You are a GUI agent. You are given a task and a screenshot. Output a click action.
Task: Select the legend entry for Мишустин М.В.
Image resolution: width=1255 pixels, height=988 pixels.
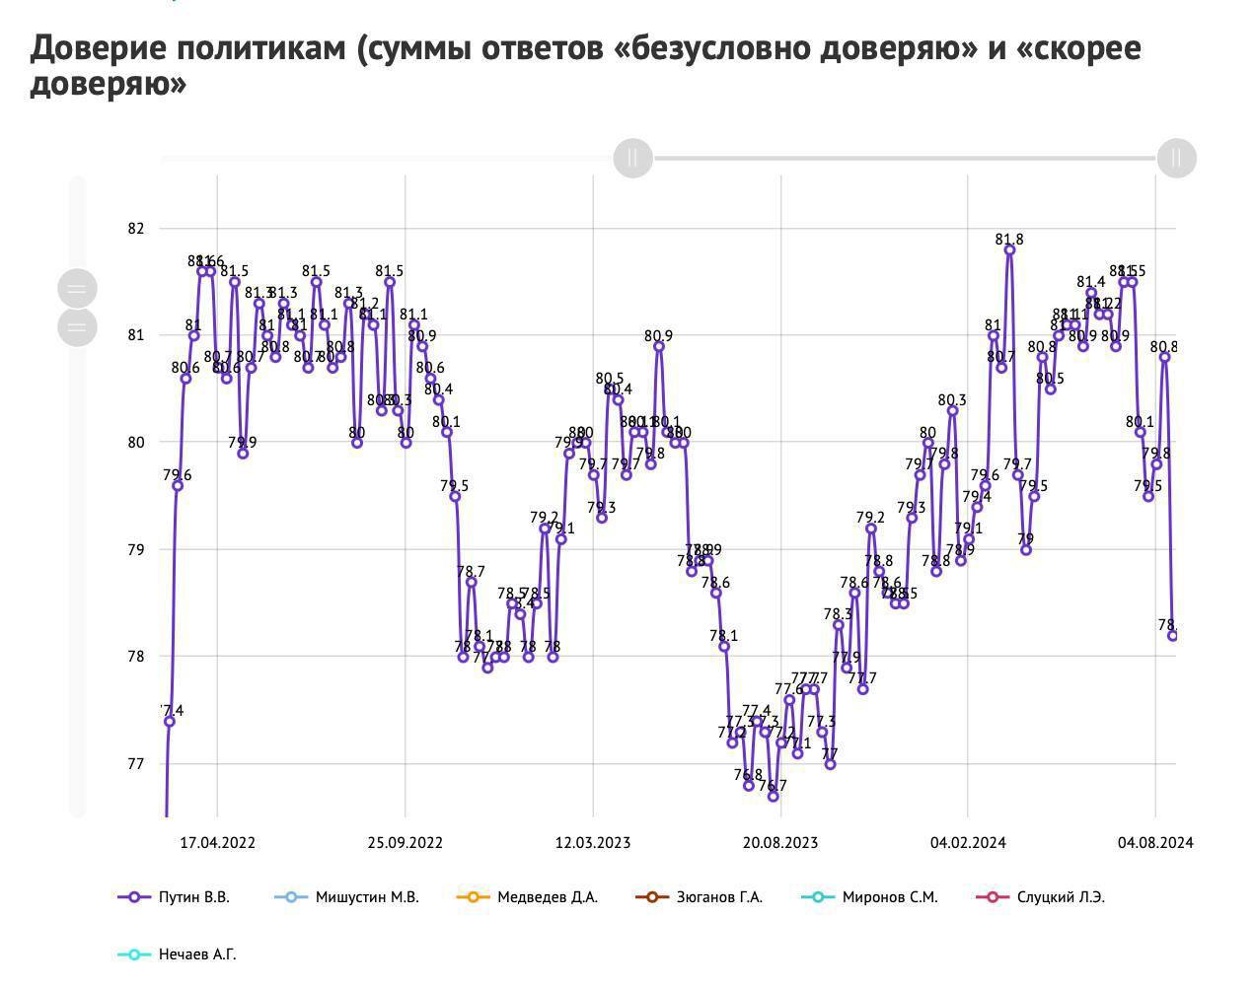tap(346, 897)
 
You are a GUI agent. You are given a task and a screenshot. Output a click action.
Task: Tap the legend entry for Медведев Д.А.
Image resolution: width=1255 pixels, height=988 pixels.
tap(528, 897)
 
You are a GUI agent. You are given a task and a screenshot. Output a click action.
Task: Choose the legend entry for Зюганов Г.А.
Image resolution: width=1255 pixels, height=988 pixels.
tap(700, 897)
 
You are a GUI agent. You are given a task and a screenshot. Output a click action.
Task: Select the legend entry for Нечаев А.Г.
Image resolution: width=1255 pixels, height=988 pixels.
tap(178, 954)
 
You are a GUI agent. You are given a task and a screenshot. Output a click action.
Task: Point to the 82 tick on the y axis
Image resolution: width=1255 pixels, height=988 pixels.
tap(136, 229)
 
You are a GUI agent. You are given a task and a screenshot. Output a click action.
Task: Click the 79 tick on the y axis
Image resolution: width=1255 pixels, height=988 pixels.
tap(136, 549)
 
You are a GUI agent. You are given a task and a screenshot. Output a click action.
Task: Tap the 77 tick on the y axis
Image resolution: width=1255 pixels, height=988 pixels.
tap(136, 763)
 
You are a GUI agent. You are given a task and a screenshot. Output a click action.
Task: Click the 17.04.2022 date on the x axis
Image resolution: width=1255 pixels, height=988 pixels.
tap(217, 843)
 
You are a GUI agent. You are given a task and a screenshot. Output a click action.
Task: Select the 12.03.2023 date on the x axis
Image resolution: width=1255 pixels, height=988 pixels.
tap(593, 843)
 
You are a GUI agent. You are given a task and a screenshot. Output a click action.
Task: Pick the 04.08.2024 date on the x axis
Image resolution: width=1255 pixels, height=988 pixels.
tap(1155, 843)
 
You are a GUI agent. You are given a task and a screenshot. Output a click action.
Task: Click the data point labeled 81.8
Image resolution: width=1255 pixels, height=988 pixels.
tap(1009, 250)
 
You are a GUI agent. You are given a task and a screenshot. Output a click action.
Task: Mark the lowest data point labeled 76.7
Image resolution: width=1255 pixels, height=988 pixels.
tap(774, 796)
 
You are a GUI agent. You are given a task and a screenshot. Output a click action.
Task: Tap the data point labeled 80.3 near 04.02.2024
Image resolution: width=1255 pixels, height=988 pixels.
tap(952, 410)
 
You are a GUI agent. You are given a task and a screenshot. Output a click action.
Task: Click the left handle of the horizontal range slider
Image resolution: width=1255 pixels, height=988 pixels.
tap(633, 158)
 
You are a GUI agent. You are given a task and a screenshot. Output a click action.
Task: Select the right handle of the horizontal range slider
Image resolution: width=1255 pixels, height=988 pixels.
tap(1176, 158)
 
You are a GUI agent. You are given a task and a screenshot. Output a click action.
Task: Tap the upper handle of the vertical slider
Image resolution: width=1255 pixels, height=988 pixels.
tap(78, 289)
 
